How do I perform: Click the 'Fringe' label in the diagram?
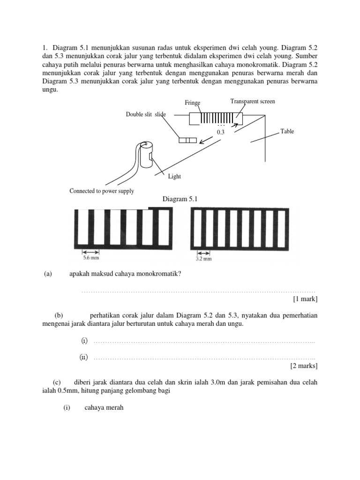pos(193,103)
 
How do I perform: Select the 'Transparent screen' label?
pos(253,101)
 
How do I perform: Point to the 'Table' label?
pos(287,131)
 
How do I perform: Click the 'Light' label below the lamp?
pos(174,176)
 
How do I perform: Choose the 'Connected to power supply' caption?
pos(102,191)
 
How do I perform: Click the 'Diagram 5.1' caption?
pos(180,199)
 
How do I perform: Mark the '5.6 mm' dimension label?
pos(91,257)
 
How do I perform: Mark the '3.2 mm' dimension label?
pos(203,258)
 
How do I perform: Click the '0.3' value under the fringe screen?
pos(221,133)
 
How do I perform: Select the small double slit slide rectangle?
pos(187,140)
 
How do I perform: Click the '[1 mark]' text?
pos(305,299)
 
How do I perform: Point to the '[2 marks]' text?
pos(304,366)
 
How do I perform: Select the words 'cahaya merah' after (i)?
pos(104,408)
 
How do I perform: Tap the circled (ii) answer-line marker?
pos(83,357)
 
